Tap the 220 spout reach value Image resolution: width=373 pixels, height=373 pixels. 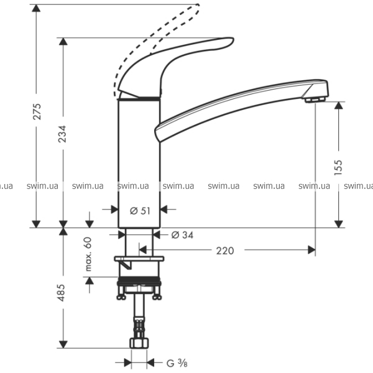[225, 251]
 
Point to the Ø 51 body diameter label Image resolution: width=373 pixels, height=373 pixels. [140, 210]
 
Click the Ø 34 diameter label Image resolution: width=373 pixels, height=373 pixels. [182, 234]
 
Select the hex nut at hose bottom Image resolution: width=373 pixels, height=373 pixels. [139, 343]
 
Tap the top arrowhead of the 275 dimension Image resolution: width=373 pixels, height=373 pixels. [37, 7]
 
